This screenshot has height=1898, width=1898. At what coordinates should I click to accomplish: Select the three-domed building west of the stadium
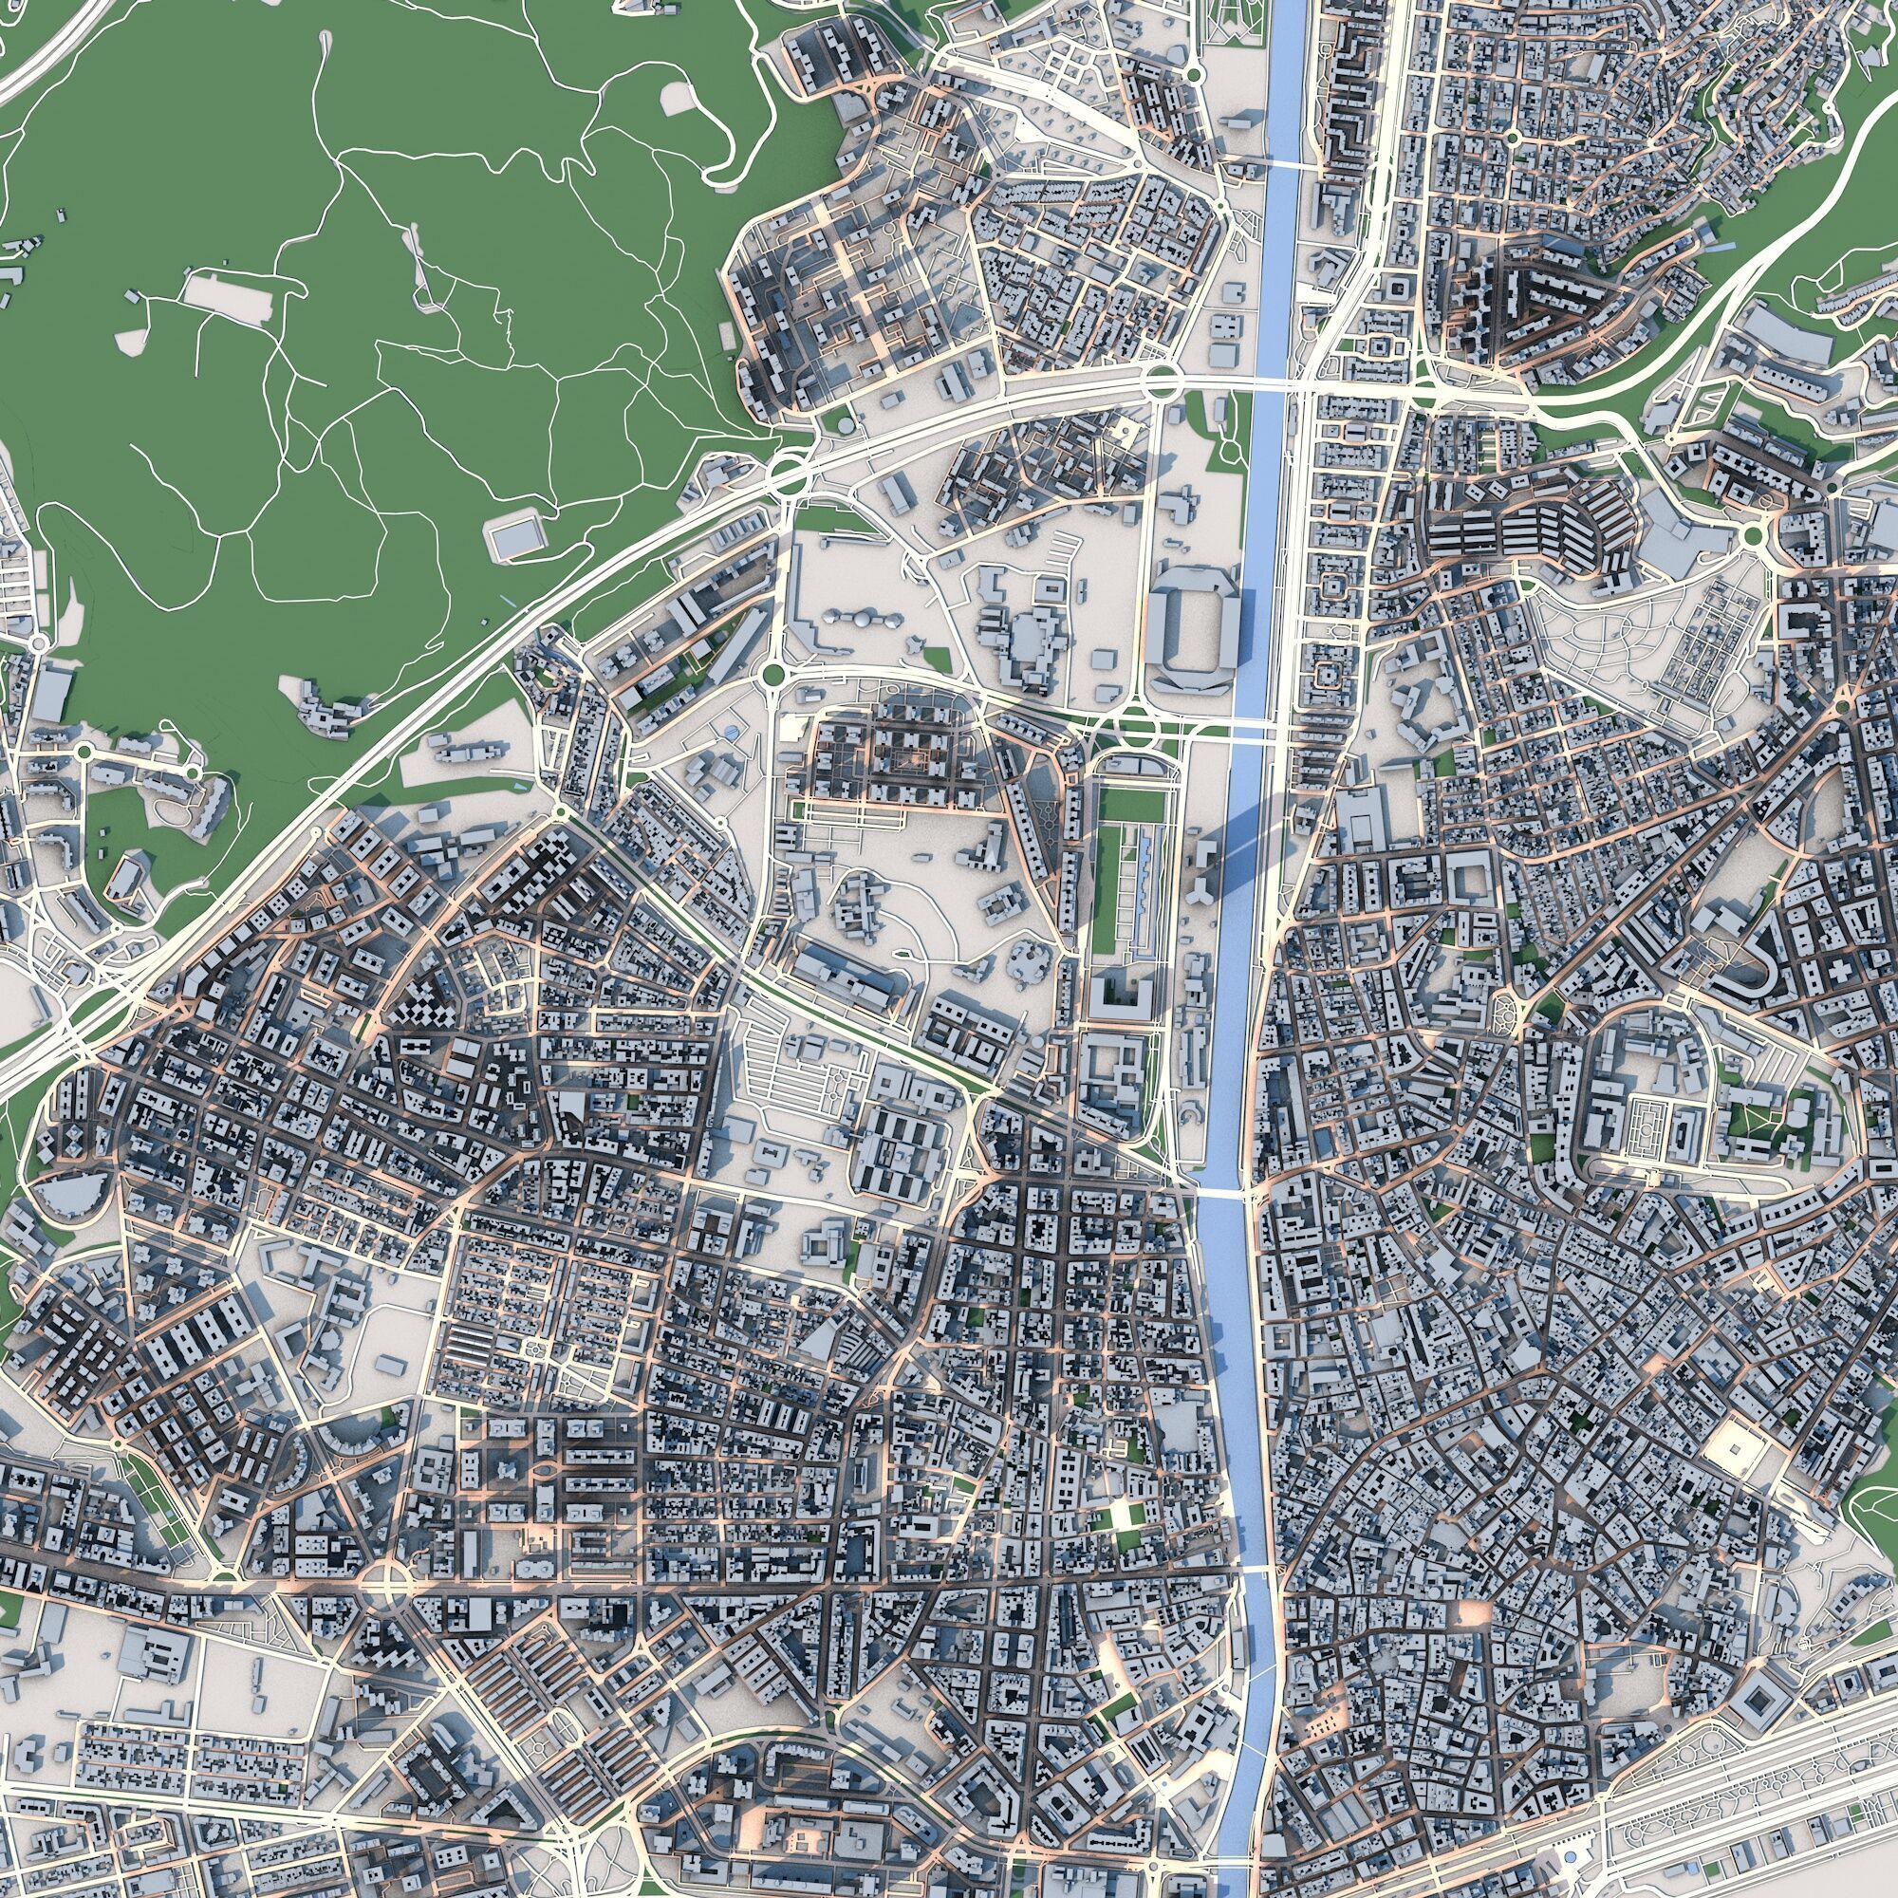[862, 619]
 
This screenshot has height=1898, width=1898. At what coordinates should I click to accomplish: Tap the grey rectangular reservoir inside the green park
[514, 537]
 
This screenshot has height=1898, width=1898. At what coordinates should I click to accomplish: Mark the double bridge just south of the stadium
[1233, 729]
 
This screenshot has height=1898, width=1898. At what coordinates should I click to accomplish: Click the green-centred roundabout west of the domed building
[772, 674]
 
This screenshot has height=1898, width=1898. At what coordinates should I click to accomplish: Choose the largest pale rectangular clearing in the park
[228, 297]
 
